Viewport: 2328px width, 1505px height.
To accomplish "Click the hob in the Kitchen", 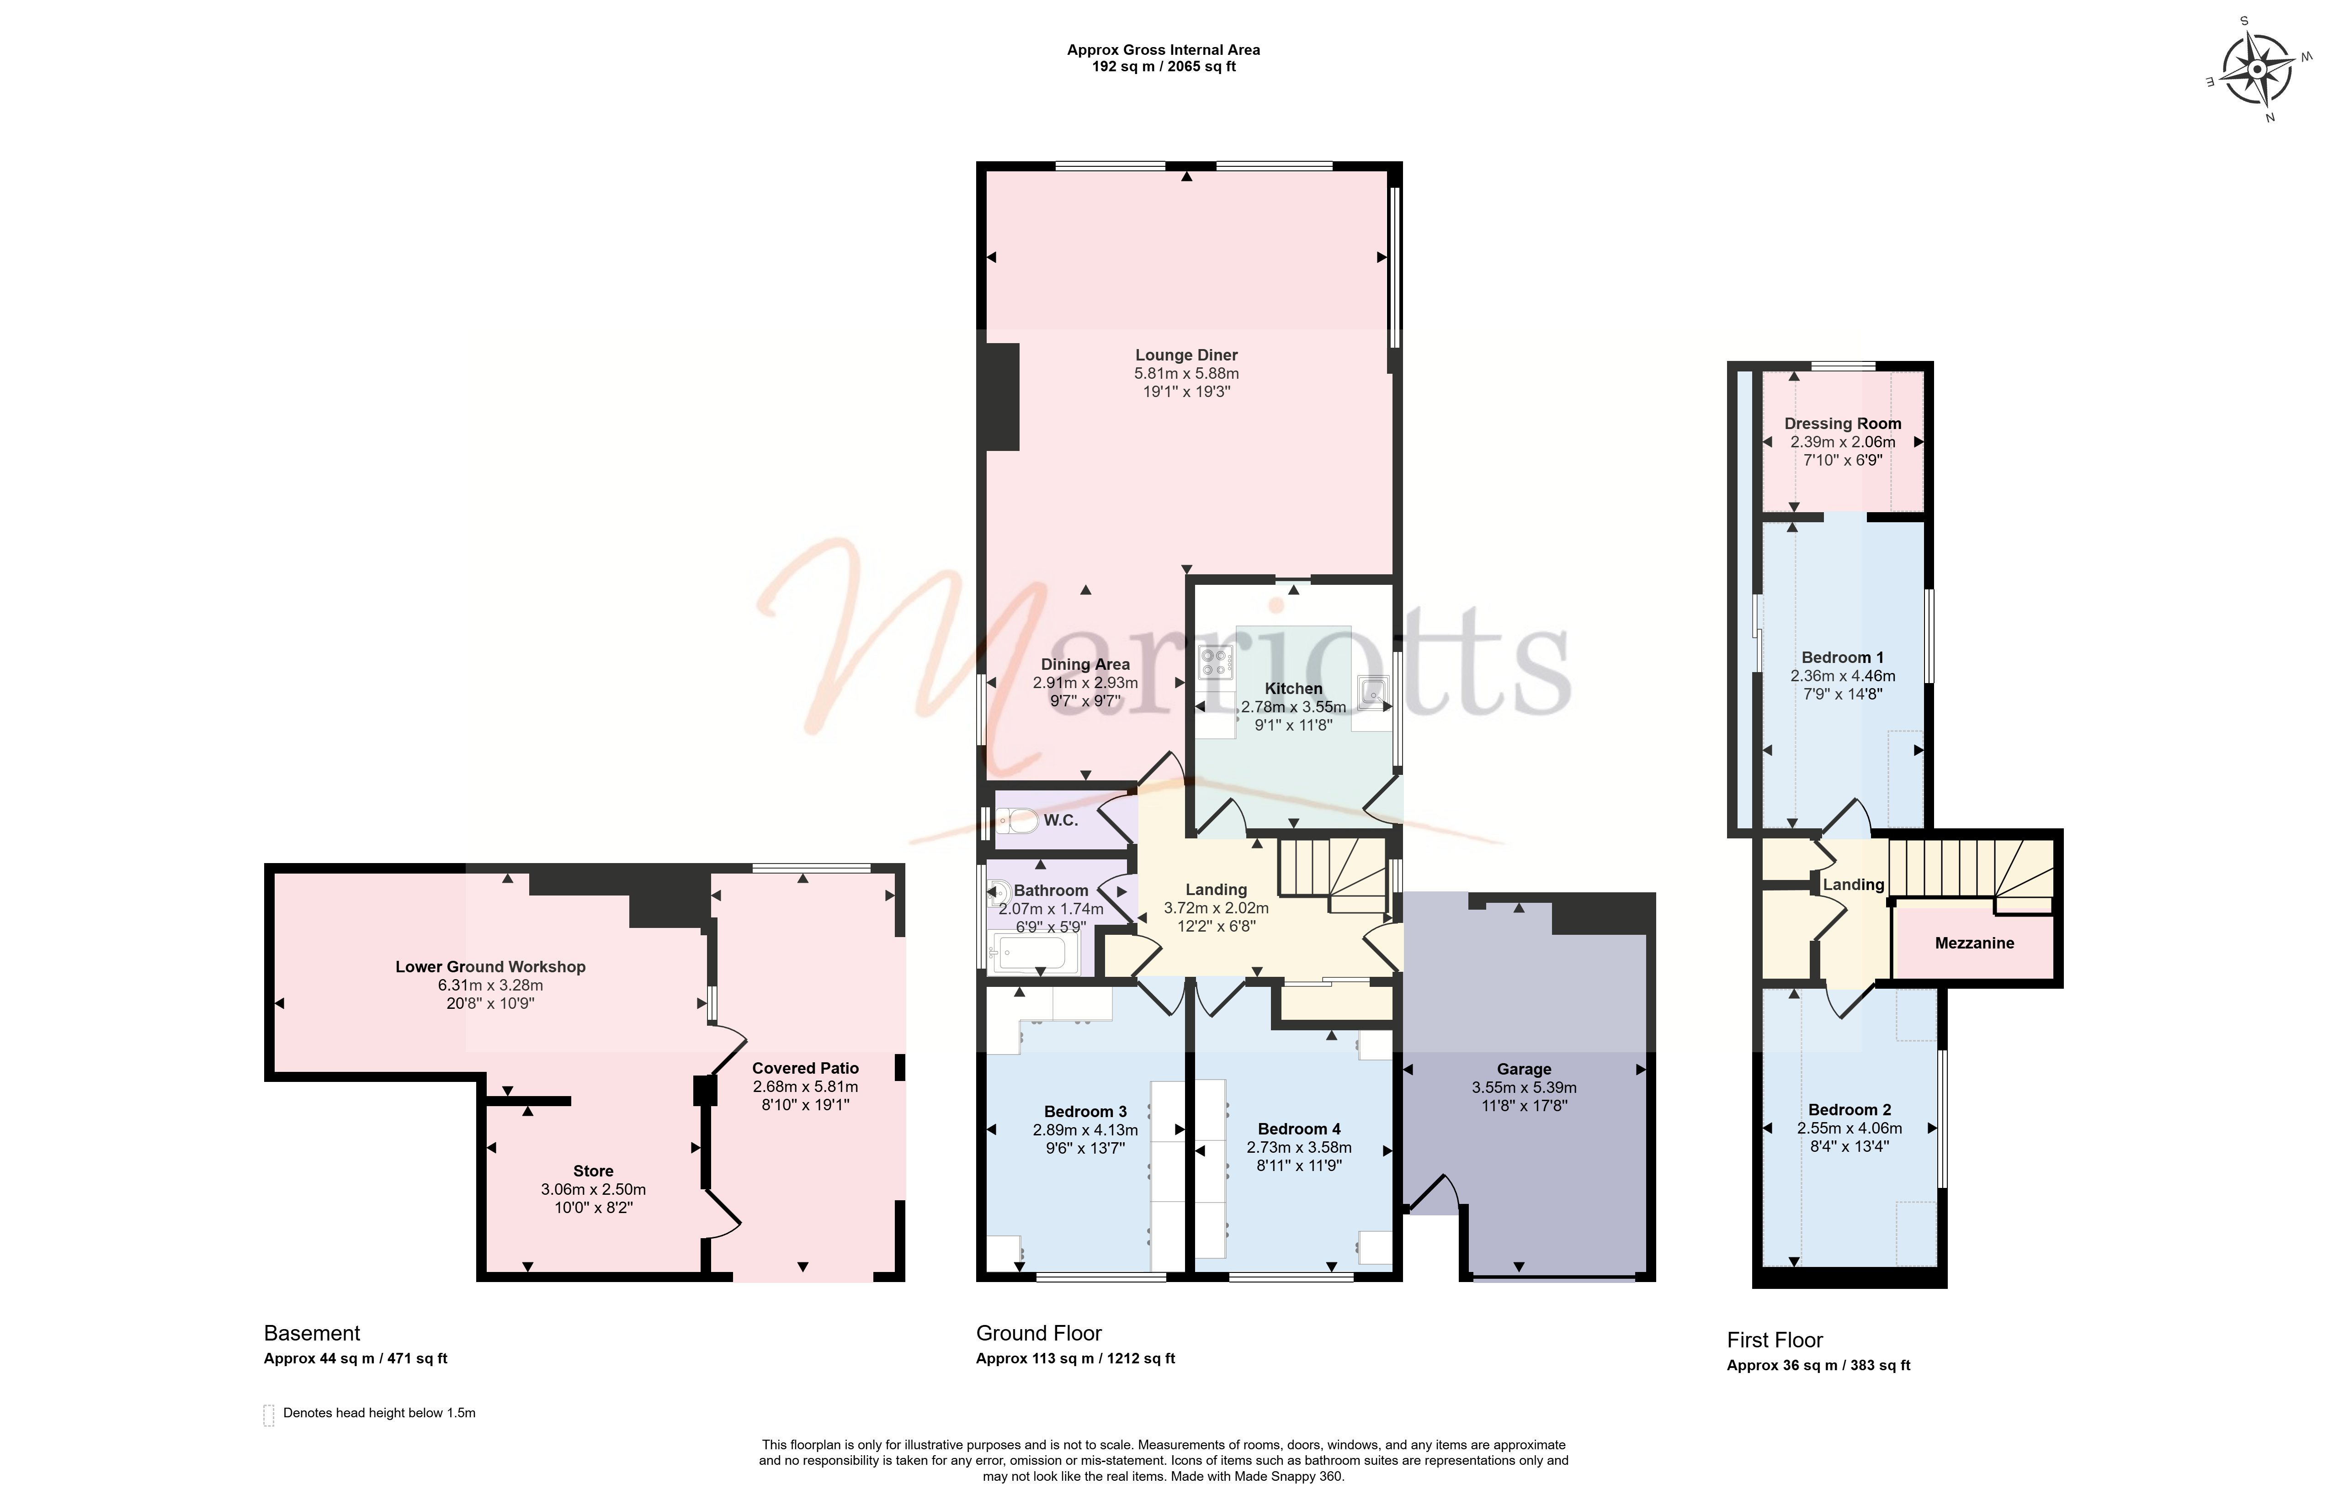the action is (x=1216, y=662).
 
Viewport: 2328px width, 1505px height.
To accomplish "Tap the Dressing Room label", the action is (x=1842, y=423).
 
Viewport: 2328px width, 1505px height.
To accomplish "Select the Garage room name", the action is (x=1524, y=1069).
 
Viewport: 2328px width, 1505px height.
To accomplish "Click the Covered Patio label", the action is (x=805, y=1068).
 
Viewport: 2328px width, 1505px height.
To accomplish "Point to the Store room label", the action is (x=593, y=1171).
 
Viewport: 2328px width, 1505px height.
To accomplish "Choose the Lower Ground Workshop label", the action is (x=491, y=966).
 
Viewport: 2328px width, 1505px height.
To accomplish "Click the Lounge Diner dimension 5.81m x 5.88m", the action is (x=1186, y=373).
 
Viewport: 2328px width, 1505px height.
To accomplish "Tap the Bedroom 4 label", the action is (x=1299, y=1129).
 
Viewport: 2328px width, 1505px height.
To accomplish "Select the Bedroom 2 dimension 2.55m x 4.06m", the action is (x=1849, y=1128).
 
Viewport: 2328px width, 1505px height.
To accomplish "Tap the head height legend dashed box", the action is (x=269, y=1415).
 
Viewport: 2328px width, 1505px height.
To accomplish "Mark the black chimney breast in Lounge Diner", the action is (x=1003, y=397).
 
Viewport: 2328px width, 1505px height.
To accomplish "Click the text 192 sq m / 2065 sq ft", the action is (x=1163, y=66).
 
